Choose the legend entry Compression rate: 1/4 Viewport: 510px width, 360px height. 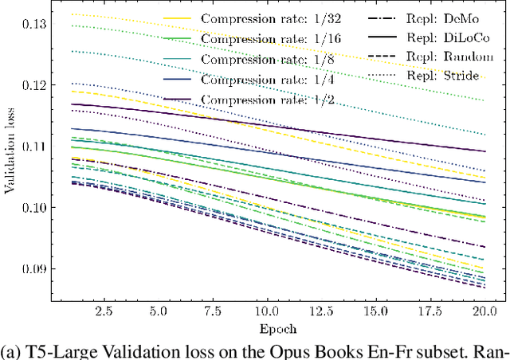(x=251, y=80)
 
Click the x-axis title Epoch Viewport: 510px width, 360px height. (x=275, y=327)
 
